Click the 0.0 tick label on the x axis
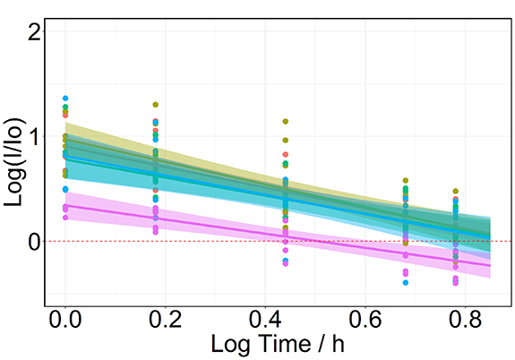(64, 320)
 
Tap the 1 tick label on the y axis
(33, 137)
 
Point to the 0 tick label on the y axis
(33, 242)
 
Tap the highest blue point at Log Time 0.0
(65, 99)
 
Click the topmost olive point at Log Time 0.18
(156, 105)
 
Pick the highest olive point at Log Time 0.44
(286, 121)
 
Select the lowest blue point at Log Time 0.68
(406, 282)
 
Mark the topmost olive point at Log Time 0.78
(455, 191)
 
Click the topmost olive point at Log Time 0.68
(406, 181)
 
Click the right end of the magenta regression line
(490, 265)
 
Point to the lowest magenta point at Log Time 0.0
(65, 218)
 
